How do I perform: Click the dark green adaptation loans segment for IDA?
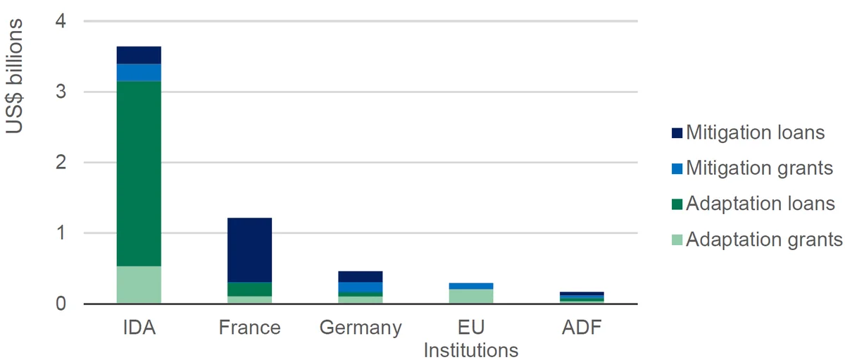coord(139,173)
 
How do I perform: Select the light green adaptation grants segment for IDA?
coord(139,285)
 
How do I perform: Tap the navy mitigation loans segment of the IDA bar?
coord(139,55)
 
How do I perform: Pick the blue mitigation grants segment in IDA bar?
coord(139,73)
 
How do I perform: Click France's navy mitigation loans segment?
coord(249,250)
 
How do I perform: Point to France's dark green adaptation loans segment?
coord(249,289)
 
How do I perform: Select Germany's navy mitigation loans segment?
coord(361,277)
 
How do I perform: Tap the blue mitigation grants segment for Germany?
coord(361,287)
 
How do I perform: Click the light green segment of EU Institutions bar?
coord(471,296)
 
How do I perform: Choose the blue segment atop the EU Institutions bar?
coord(471,286)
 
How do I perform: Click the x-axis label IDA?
coord(139,327)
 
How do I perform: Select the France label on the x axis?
coord(250,327)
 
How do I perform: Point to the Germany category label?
coord(361,328)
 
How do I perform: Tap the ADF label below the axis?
coord(582,327)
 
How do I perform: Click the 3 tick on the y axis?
coord(61,92)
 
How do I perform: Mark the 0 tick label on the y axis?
coord(61,304)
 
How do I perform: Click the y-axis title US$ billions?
coord(14,76)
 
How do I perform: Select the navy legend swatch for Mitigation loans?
coord(677,133)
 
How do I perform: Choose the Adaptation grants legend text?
coord(764,240)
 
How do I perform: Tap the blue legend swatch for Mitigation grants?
coord(677,168)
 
